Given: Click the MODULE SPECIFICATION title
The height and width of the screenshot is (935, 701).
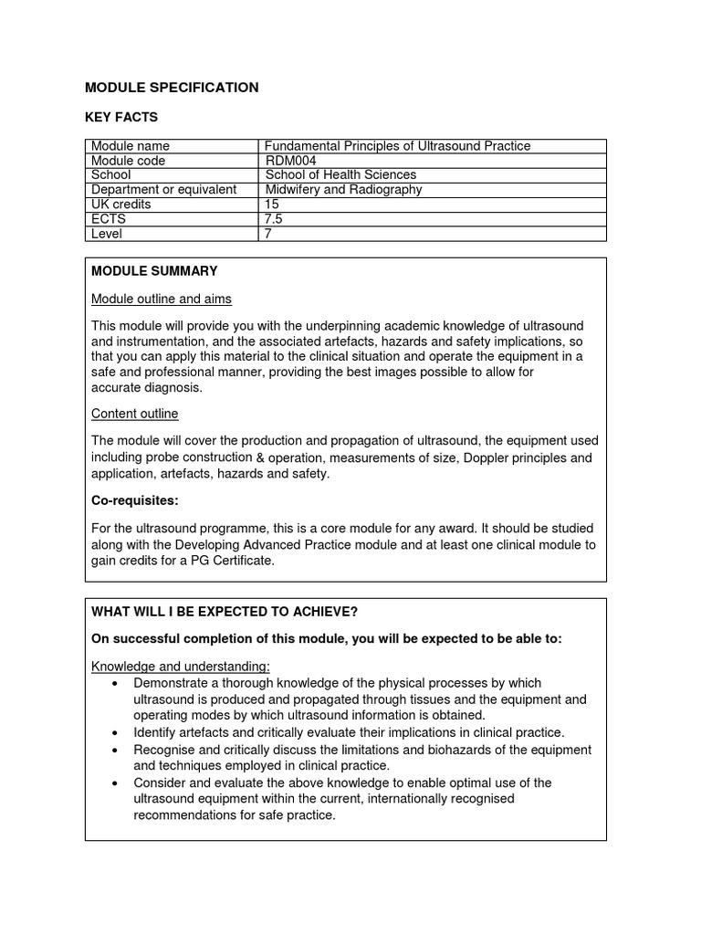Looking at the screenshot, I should tap(172, 88).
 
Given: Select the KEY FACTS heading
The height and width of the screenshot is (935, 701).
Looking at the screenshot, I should tap(121, 117).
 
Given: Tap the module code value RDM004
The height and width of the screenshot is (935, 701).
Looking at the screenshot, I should tap(290, 161).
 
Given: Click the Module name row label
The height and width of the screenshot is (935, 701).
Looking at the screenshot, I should tap(131, 146).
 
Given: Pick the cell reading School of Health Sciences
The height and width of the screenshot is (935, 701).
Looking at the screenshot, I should tap(340, 175).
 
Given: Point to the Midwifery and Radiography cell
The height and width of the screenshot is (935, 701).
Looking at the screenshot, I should tap(343, 190).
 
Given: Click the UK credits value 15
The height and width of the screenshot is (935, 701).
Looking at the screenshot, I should tap(271, 205).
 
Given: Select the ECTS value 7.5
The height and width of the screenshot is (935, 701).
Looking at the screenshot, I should tap(273, 219).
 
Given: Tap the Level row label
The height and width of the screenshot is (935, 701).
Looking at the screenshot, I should tap(107, 234).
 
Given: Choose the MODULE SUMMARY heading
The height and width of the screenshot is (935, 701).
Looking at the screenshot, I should tap(154, 271).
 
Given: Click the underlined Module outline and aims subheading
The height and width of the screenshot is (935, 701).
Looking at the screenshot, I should tap(162, 299).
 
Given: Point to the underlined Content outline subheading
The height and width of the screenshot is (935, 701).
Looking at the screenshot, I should tap(135, 414).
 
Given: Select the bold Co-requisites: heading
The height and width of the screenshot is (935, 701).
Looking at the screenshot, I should tap(135, 500).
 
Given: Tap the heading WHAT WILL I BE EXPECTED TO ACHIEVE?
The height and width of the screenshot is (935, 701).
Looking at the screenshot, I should tap(225, 611).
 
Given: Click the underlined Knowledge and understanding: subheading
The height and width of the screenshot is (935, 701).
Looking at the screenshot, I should tap(181, 667).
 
